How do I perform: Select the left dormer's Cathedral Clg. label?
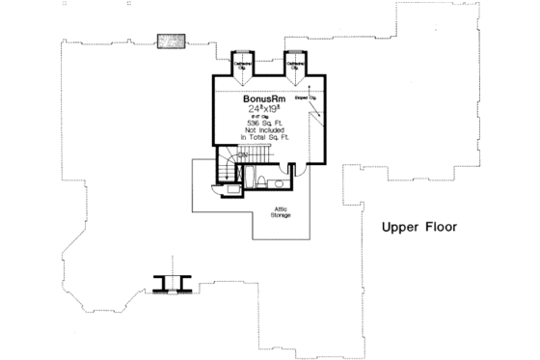243,67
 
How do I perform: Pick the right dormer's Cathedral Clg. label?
296,67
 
